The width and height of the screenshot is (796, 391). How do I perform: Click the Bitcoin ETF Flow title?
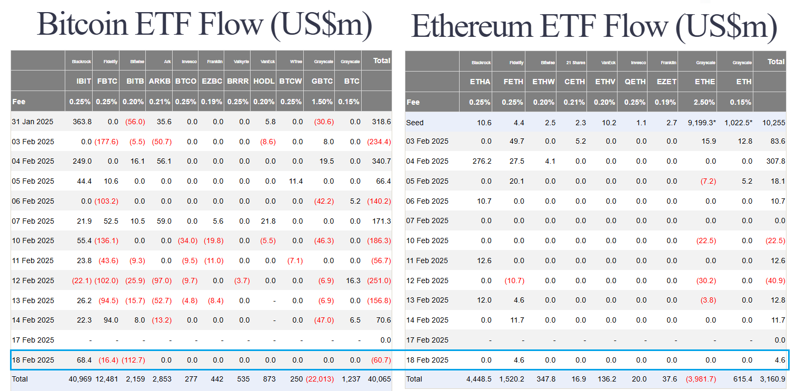204,24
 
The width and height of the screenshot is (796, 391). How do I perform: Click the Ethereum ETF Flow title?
594,26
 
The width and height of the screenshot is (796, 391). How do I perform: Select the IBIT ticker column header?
84,82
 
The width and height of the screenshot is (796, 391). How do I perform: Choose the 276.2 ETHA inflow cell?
480,162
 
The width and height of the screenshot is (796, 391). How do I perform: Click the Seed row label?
415,123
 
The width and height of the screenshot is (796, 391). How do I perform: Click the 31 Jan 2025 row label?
33,122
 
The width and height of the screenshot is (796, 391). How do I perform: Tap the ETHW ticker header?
544,82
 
